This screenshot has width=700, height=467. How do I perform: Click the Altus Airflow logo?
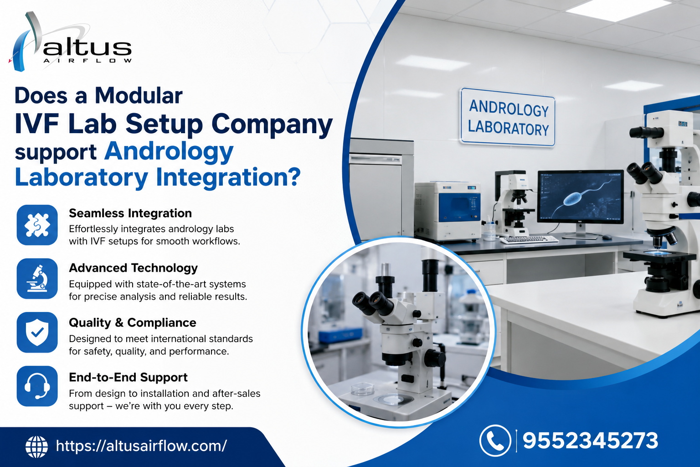(70, 42)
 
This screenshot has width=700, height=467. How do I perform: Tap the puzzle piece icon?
(37, 225)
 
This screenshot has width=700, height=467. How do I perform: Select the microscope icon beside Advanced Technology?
(37, 278)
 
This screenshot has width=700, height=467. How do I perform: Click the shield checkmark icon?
(37, 332)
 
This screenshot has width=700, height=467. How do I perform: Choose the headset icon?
(37, 386)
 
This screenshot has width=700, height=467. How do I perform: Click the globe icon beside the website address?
(36, 446)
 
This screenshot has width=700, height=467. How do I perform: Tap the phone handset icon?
(495, 441)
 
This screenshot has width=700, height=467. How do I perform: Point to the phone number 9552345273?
(590, 441)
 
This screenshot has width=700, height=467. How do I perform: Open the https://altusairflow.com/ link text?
(141, 446)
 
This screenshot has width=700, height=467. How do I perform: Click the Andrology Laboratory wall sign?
(508, 117)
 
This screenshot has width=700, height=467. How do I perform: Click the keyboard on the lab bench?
(529, 239)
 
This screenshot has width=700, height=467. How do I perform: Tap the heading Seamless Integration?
(130, 213)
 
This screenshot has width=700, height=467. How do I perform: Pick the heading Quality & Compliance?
(133, 322)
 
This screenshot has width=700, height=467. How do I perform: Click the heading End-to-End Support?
(128, 377)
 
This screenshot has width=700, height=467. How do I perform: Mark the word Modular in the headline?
(139, 95)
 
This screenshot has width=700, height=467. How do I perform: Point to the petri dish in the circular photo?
(362, 389)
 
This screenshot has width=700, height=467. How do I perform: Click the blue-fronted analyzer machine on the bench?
(448, 211)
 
